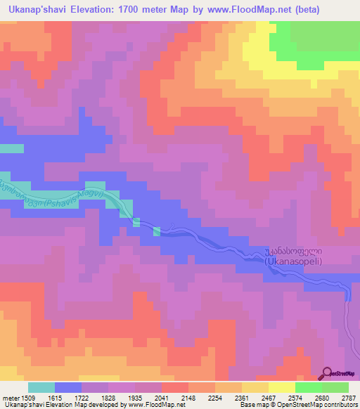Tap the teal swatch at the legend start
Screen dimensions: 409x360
41,387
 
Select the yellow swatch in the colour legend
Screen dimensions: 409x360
281,387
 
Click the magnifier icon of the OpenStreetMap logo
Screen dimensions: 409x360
327,373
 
